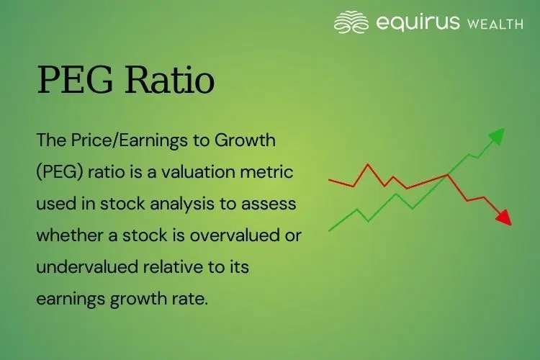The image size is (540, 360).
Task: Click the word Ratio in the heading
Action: [x=170, y=81]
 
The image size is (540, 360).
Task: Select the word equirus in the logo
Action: [x=418, y=22]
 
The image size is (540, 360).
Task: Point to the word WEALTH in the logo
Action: [x=495, y=23]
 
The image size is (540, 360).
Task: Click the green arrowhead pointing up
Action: [x=496, y=136]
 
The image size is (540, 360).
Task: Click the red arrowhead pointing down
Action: [x=503, y=217]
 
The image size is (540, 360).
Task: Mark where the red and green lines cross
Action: [x=449, y=174]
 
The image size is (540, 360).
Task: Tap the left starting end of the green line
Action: [x=330, y=230]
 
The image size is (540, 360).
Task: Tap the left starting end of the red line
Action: [x=330, y=179]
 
